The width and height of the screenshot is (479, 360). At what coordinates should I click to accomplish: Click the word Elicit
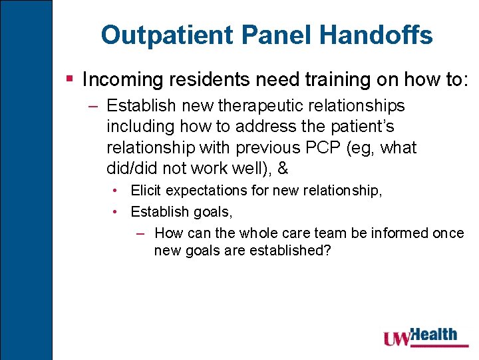coord(146,191)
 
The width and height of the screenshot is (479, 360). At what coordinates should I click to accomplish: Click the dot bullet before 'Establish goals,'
coord(116,213)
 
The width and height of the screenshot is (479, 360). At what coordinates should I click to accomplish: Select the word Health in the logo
coord(435,334)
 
